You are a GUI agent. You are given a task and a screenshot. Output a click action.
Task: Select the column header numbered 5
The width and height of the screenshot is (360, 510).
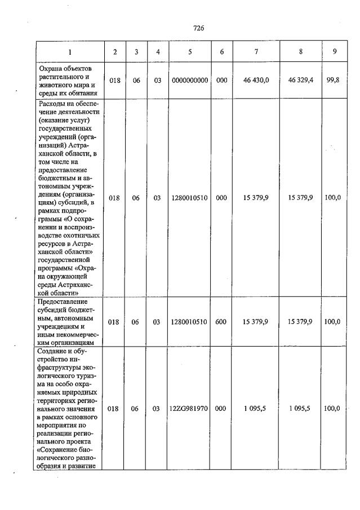click(x=190, y=52)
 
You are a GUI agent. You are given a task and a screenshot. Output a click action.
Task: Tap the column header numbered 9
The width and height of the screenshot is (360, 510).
click(x=335, y=52)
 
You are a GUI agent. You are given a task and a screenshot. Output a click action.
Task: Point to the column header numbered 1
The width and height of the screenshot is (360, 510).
click(x=70, y=52)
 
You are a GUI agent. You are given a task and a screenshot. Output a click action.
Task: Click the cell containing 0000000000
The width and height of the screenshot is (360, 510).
click(x=190, y=81)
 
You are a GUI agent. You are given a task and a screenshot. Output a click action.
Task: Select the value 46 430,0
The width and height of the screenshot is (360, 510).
click(x=256, y=81)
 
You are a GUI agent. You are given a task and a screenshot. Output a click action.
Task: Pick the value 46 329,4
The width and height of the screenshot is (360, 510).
click(x=300, y=81)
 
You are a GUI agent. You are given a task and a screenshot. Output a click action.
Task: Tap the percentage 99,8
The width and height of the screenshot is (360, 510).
click(x=335, y=81)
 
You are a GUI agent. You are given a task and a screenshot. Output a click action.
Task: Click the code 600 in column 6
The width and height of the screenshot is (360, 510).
click(x=221, y=322)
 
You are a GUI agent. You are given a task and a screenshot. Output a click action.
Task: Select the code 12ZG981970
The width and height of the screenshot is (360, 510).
click(x=190, y=409)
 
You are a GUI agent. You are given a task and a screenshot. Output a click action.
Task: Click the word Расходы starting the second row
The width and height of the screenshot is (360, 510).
click(x=53, y=103)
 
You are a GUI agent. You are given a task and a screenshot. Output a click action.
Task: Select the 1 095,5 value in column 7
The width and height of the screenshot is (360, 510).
click(x=256, y=409)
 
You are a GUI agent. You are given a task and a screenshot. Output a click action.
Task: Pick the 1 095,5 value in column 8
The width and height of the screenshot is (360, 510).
click(x=300, y=409)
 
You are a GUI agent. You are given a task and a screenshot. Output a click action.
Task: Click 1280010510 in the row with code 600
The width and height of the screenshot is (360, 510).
click(x=190, y=322)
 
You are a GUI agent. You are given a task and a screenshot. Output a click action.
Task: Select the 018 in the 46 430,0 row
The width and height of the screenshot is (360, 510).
click(x=115, y=81)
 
